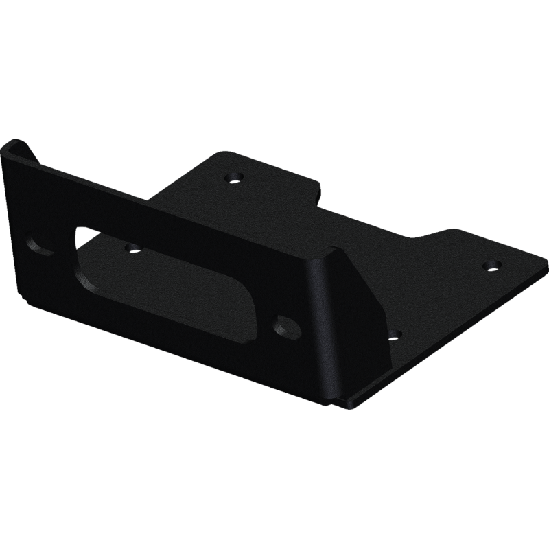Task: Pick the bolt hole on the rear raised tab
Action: pyautogui.click(x=234, y=178)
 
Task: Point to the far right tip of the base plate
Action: pyautogui.click(x=546, y=260)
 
